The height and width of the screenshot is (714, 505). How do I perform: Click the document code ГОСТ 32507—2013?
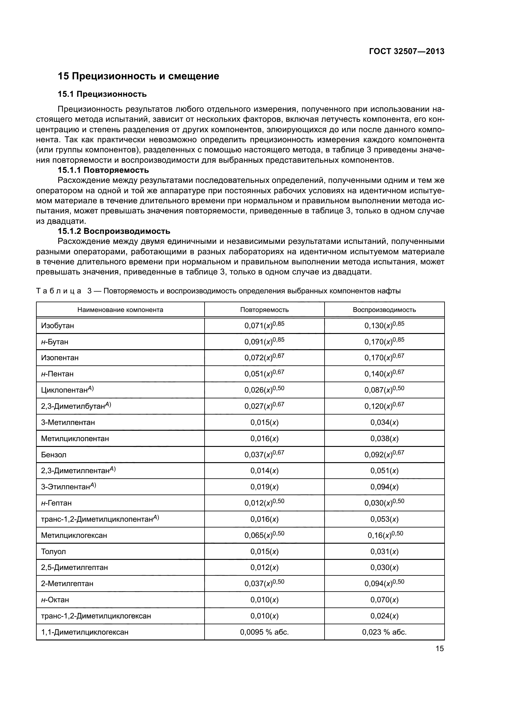pos(407,52)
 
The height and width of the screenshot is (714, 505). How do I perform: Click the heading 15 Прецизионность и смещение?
pos(138,76)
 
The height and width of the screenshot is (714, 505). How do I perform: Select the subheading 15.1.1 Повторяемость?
pos(103,170)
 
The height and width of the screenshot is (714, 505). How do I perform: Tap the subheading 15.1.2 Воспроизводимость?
pos(114,231)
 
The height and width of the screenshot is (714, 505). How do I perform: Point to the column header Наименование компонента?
pos(120,310)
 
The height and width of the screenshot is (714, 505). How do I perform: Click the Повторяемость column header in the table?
pos(264,310)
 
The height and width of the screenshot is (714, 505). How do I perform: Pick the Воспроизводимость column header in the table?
pos(384,310)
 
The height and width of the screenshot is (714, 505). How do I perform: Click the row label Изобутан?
pos(57,326)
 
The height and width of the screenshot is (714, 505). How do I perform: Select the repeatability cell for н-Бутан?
pos(264,342)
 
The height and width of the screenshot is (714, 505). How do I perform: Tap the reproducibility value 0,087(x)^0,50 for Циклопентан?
pos(384,390)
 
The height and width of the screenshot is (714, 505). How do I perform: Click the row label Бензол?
pos(54,455)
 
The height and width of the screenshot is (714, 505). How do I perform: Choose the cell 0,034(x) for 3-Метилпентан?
pos(384,422)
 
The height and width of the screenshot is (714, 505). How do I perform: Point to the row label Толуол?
pos(53,551)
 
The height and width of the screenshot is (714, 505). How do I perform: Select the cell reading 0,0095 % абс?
pos(264,632)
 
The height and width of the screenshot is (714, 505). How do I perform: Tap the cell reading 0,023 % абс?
pos(384,632)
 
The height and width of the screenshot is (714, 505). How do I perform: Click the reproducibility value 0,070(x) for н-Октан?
pos(384,600)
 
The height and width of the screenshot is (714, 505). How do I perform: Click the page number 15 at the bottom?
pos(440,649)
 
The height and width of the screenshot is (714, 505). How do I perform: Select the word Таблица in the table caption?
pos(59,291)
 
